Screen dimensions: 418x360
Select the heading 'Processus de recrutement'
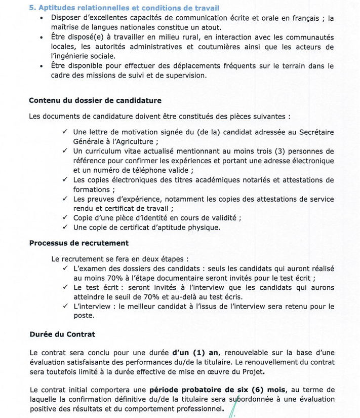point(78,243)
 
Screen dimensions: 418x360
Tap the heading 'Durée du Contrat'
point(62,335)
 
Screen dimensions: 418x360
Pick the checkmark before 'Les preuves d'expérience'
point(65,199)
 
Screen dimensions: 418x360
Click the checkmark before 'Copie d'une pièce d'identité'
point(65,218)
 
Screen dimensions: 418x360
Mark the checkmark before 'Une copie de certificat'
point(65,227)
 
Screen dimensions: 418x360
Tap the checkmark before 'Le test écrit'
point(65,287)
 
